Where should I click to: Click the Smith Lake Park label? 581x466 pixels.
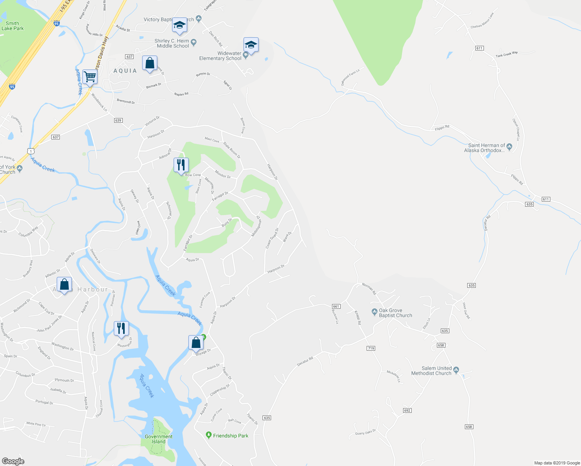(12, 26)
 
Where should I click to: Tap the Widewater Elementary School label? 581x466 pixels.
(220, 56)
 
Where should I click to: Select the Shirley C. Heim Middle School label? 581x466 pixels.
(172, 43)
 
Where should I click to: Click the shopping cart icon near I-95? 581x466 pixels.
(90, 77)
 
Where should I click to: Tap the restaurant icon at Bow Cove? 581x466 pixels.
(181, 165)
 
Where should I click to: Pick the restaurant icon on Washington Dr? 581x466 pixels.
(121, 329)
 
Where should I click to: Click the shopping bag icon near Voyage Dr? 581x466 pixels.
(196, 343)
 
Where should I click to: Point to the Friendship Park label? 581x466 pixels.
(231, 436)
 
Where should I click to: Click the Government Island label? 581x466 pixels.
(158, 439)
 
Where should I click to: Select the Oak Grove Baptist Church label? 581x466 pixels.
(395, 313)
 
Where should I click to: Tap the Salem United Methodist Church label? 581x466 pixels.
(431, 371)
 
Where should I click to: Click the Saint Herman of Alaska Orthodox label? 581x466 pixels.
(484, 148)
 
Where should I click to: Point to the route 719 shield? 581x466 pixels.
(371, 348)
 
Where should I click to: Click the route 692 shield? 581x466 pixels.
(407, 410)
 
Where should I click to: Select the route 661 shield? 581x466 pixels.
(336, 306)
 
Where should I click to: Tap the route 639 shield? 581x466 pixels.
(118, 120)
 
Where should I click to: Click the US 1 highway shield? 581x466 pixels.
(31, 151)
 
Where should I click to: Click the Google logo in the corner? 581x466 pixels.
(13, 461)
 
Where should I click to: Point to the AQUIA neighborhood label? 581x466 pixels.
(125, 71)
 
